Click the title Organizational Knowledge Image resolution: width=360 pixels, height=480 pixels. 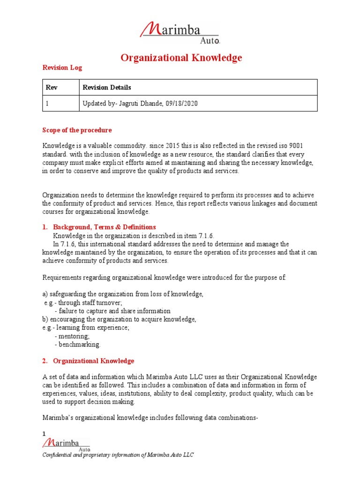click(181, 58)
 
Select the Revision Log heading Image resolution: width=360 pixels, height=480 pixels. click(62, 67)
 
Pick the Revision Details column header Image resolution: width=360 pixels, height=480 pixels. click(107, 87)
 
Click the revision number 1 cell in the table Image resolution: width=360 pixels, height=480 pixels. click(47, 104)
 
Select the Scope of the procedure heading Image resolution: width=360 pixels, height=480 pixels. click(77, 130)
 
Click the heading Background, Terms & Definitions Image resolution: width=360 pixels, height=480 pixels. click(104, 227)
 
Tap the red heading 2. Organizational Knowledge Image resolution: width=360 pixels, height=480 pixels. click(93, 361)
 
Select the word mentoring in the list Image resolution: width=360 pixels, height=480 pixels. click(74, 336)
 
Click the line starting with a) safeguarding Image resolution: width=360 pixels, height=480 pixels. click(123, 294)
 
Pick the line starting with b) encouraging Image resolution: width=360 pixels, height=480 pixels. click(119, 319)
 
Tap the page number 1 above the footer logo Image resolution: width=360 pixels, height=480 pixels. click(45, 434)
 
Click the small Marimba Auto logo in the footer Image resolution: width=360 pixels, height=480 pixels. click(66, 444)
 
